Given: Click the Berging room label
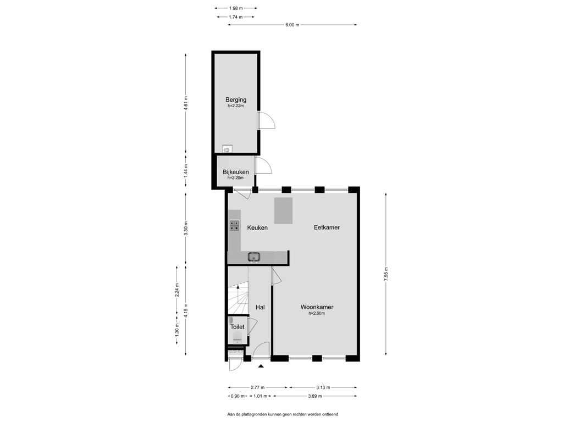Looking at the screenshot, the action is click(x=236, y=100).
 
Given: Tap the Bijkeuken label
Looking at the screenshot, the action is click(x=235, y=172).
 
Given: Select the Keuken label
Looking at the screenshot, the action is click(x=257, y=227).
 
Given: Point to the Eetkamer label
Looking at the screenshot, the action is click(x=327, y=227).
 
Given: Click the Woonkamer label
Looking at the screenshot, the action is click(x=317, y=307).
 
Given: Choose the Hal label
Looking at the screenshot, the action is click(x=260, y=307).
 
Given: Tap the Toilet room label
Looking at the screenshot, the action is click(x=238, y=327).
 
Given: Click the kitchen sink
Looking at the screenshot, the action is click(x=254, y=257).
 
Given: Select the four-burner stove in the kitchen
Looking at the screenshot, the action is click(x=234, y=225).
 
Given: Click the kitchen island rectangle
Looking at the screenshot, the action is click(x=284, y=210).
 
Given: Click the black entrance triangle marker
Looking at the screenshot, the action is click(x=261, y=366).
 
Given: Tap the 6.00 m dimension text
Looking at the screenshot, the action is click(x=292, y=25).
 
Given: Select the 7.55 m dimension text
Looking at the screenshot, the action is click(x=386, y=274).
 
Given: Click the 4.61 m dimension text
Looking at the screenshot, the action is click(x=186, y=103).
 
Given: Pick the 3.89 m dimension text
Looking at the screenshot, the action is click(x=315, y=396).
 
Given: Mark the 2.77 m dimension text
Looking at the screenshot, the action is click(x=257, y=387).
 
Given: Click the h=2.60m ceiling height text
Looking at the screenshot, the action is click(x=317, y=313).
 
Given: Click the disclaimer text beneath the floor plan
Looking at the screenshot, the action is click(x=283, y=414).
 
